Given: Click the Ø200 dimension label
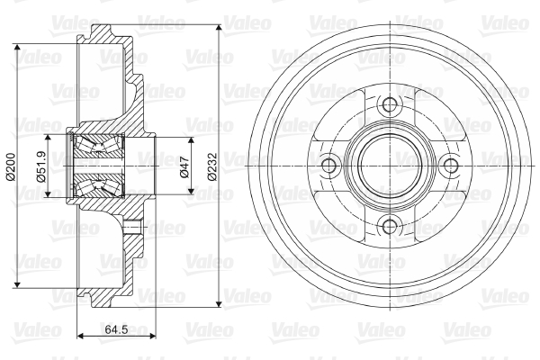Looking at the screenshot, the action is [10, 166].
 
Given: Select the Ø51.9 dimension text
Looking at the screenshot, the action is [41, 166].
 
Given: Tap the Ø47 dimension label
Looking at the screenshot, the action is [184, 166].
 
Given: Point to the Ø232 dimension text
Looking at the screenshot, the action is [212, 166].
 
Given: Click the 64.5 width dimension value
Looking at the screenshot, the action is [116, 329].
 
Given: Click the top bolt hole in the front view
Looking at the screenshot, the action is [390, 104].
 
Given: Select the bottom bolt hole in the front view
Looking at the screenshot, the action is [390, 227].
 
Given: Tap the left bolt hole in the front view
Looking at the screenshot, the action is [328, 166].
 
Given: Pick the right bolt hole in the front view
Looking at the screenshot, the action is [451, 166].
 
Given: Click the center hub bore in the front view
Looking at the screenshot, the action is [390, 166].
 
